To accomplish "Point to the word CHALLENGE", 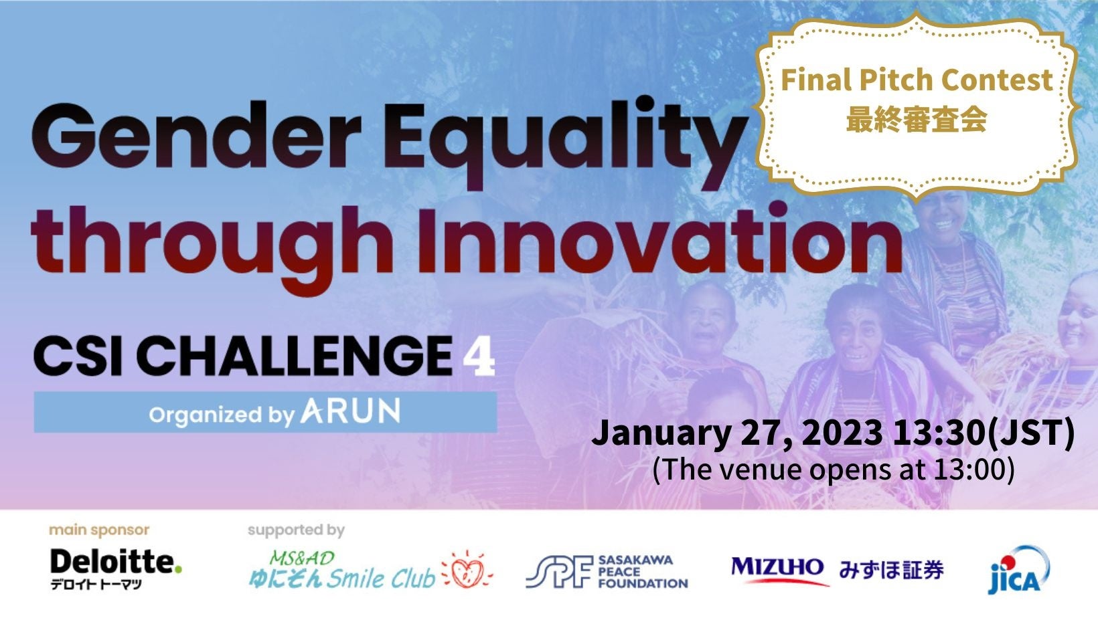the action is [294, 356].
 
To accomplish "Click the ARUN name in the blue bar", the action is [350, 411].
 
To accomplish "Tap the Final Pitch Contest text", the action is [917, 80].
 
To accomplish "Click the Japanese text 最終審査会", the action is [916, 120].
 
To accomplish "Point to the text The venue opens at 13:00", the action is [833, 469].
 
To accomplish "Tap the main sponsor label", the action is [99, 530].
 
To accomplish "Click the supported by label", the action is [296, 530].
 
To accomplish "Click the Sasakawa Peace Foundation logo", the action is [607, 571].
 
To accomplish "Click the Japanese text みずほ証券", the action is [891, 570].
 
